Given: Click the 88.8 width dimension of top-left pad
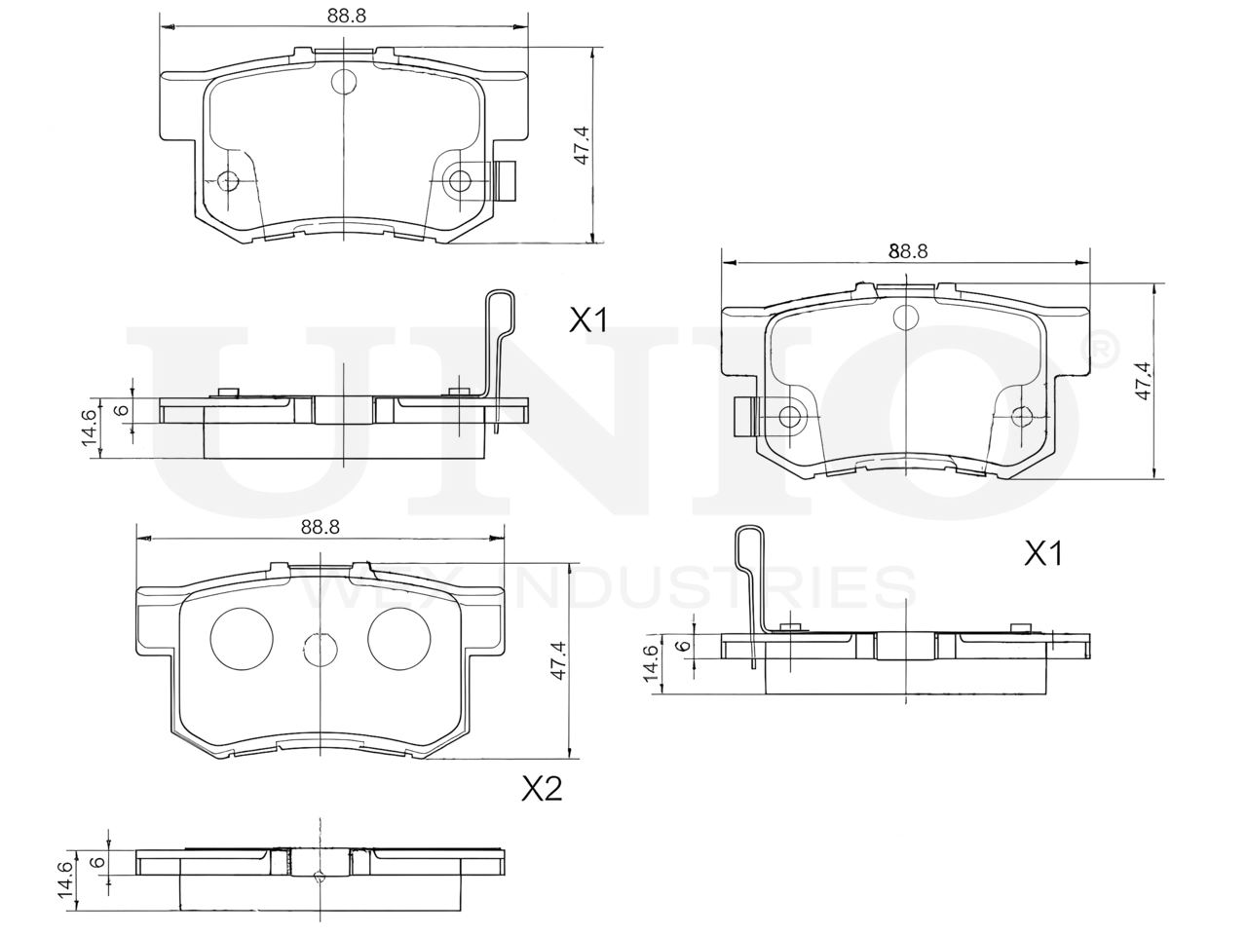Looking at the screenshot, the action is pyautogui.click(x=346, y=16).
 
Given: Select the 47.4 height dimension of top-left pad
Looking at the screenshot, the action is pyautogui.click(x=582, y=146).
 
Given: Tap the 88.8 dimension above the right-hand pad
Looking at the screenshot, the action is pyautogui.click(x=908, y=251).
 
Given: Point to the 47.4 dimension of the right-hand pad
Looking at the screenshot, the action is pyautogui.click(x=1143, y=381).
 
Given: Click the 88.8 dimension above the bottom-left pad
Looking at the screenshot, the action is pyautogui.click(x=321, y=527).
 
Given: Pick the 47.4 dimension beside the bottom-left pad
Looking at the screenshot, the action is pyautogui.click(x=559, y=660).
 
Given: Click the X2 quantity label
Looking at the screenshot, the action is pyautogui.click(x=542, y=789).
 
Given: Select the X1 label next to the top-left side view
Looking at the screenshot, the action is pyautogui.click(x=588, y=320).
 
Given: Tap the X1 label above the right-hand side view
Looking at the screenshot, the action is pyautogui.click(x=1043, y=553).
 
